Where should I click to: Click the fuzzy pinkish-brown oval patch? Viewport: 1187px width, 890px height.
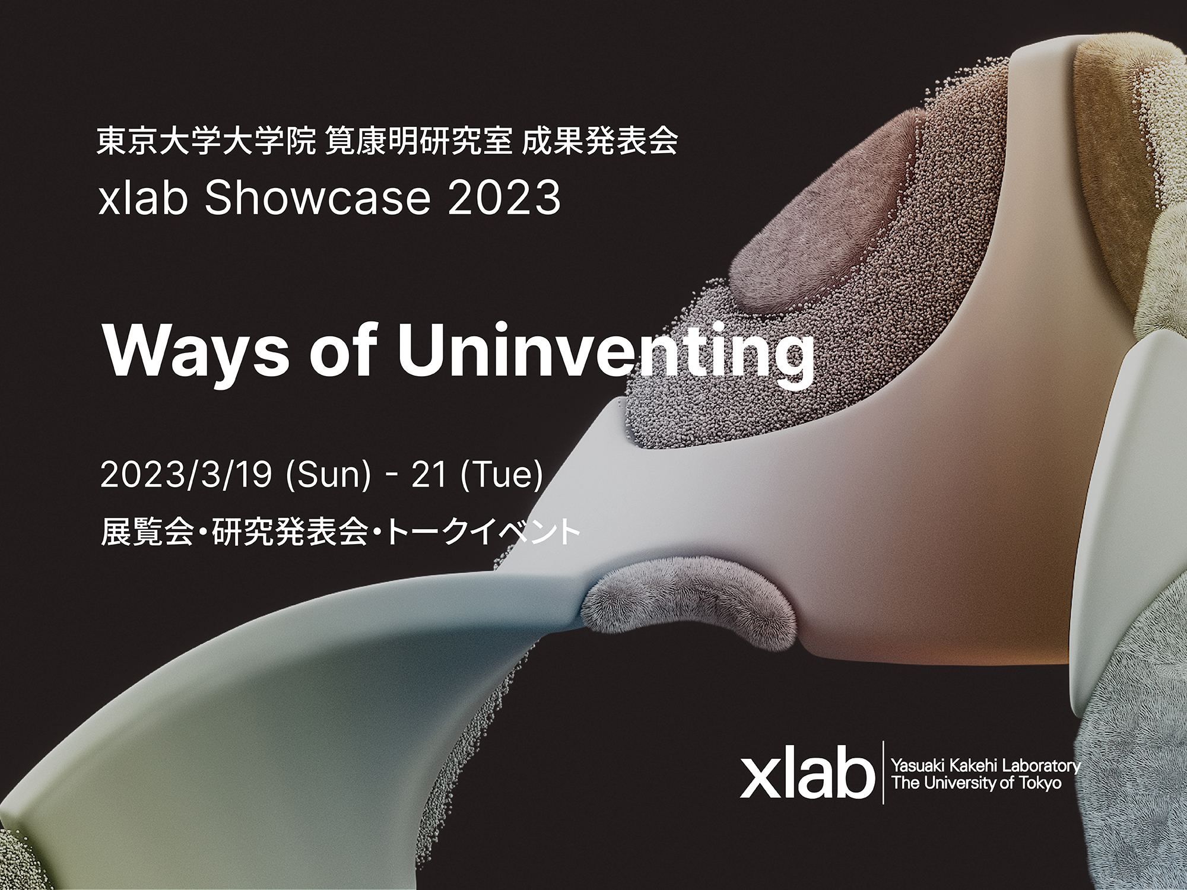click(825, 237)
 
